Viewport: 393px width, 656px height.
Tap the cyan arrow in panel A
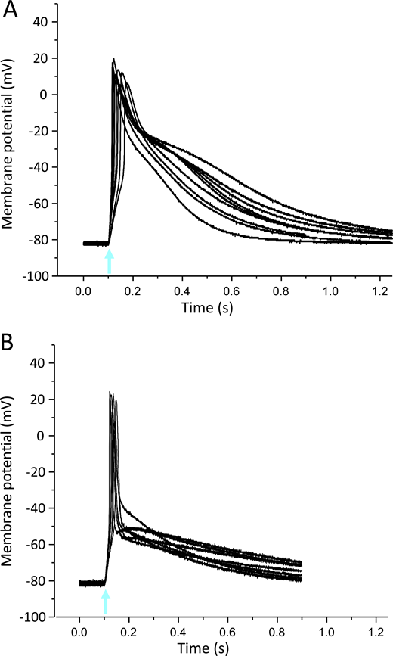(109, 262)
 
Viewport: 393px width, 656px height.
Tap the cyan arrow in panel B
(105, 602)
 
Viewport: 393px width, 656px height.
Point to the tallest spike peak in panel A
(113, 58)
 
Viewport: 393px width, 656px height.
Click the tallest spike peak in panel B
(110, 392)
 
